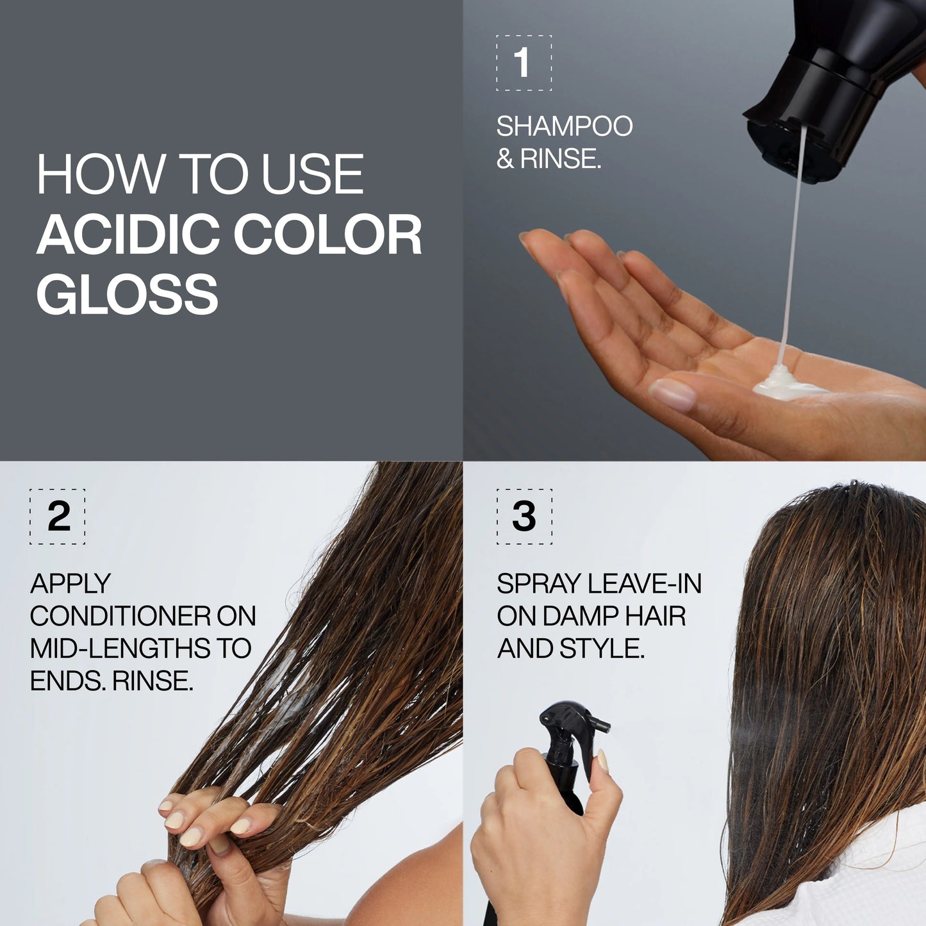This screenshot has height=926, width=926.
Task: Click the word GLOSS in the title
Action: (127, 294)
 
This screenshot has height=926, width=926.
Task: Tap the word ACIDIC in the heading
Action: (127, 235)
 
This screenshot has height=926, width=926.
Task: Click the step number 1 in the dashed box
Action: (523, 63)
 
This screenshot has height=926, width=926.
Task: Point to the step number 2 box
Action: (58, 517)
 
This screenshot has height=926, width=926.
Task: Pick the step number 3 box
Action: (524, 517)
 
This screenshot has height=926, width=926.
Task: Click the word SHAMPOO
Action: (564, 126)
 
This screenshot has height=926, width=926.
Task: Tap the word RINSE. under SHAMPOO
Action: (560, 159)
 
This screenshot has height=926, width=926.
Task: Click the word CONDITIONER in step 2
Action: (120, 616)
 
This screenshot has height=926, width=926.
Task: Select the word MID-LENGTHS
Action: (120, 649)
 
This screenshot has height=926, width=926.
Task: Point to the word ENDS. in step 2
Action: (67, 681)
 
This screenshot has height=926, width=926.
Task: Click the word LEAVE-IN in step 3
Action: (644, 584)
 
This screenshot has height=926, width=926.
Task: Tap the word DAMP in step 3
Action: (580, 616)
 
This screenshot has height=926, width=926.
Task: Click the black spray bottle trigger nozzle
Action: (574, 721)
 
